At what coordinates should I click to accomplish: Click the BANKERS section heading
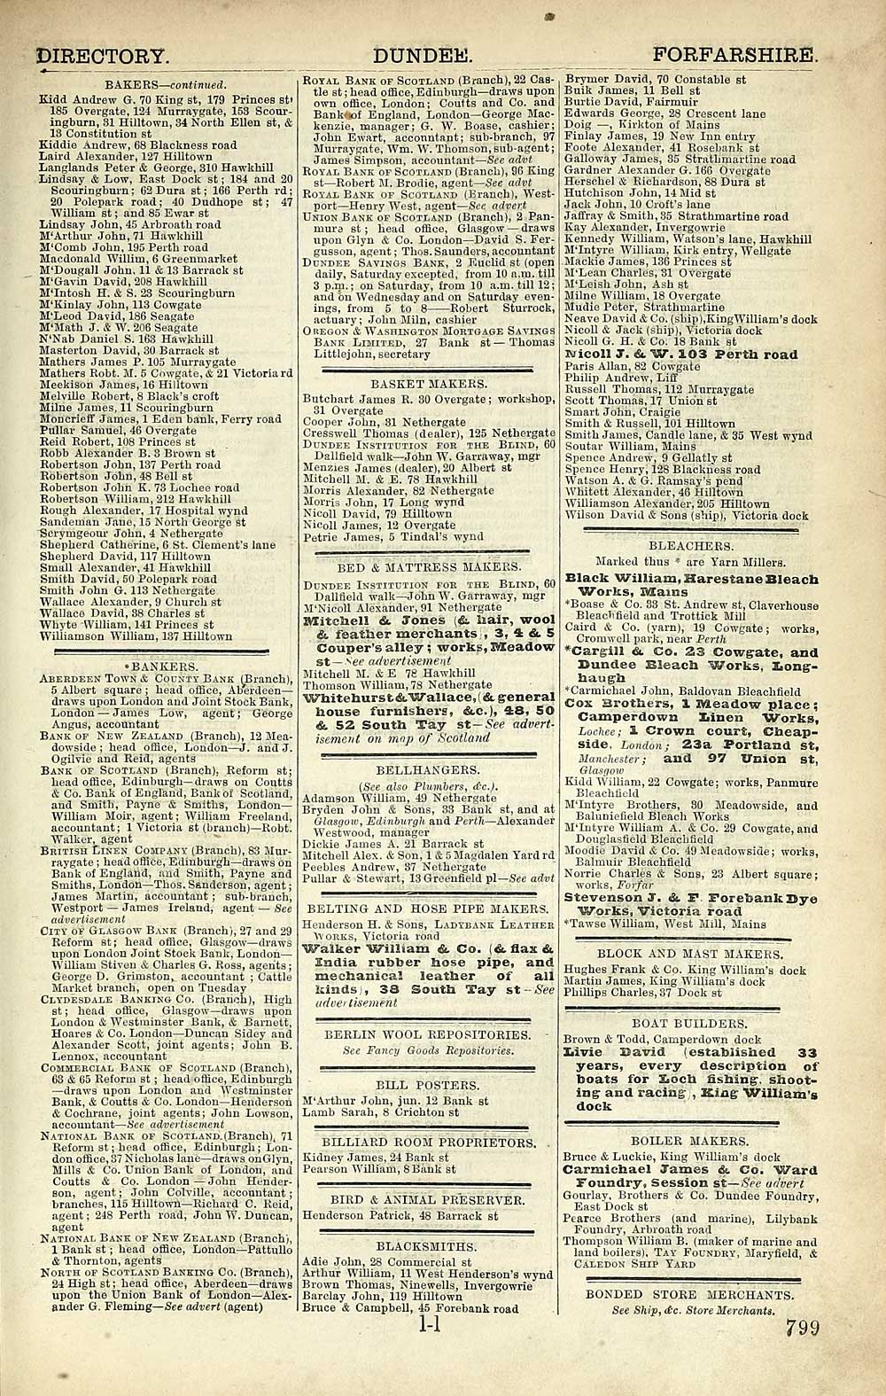(x=167, y=666)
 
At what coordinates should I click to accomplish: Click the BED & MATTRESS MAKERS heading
(x=430, y=566)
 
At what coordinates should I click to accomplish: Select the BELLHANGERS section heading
(x=431, y=771)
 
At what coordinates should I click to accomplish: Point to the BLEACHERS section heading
(x=690, y=546)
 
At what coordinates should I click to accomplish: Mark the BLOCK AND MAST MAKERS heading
(x=690, y=931)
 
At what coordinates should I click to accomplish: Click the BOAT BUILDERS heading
(x=690, y=1022)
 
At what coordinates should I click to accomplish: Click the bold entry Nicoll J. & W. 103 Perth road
(x=680, y=355)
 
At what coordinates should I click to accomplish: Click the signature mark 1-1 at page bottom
(x=427, y=1328)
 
